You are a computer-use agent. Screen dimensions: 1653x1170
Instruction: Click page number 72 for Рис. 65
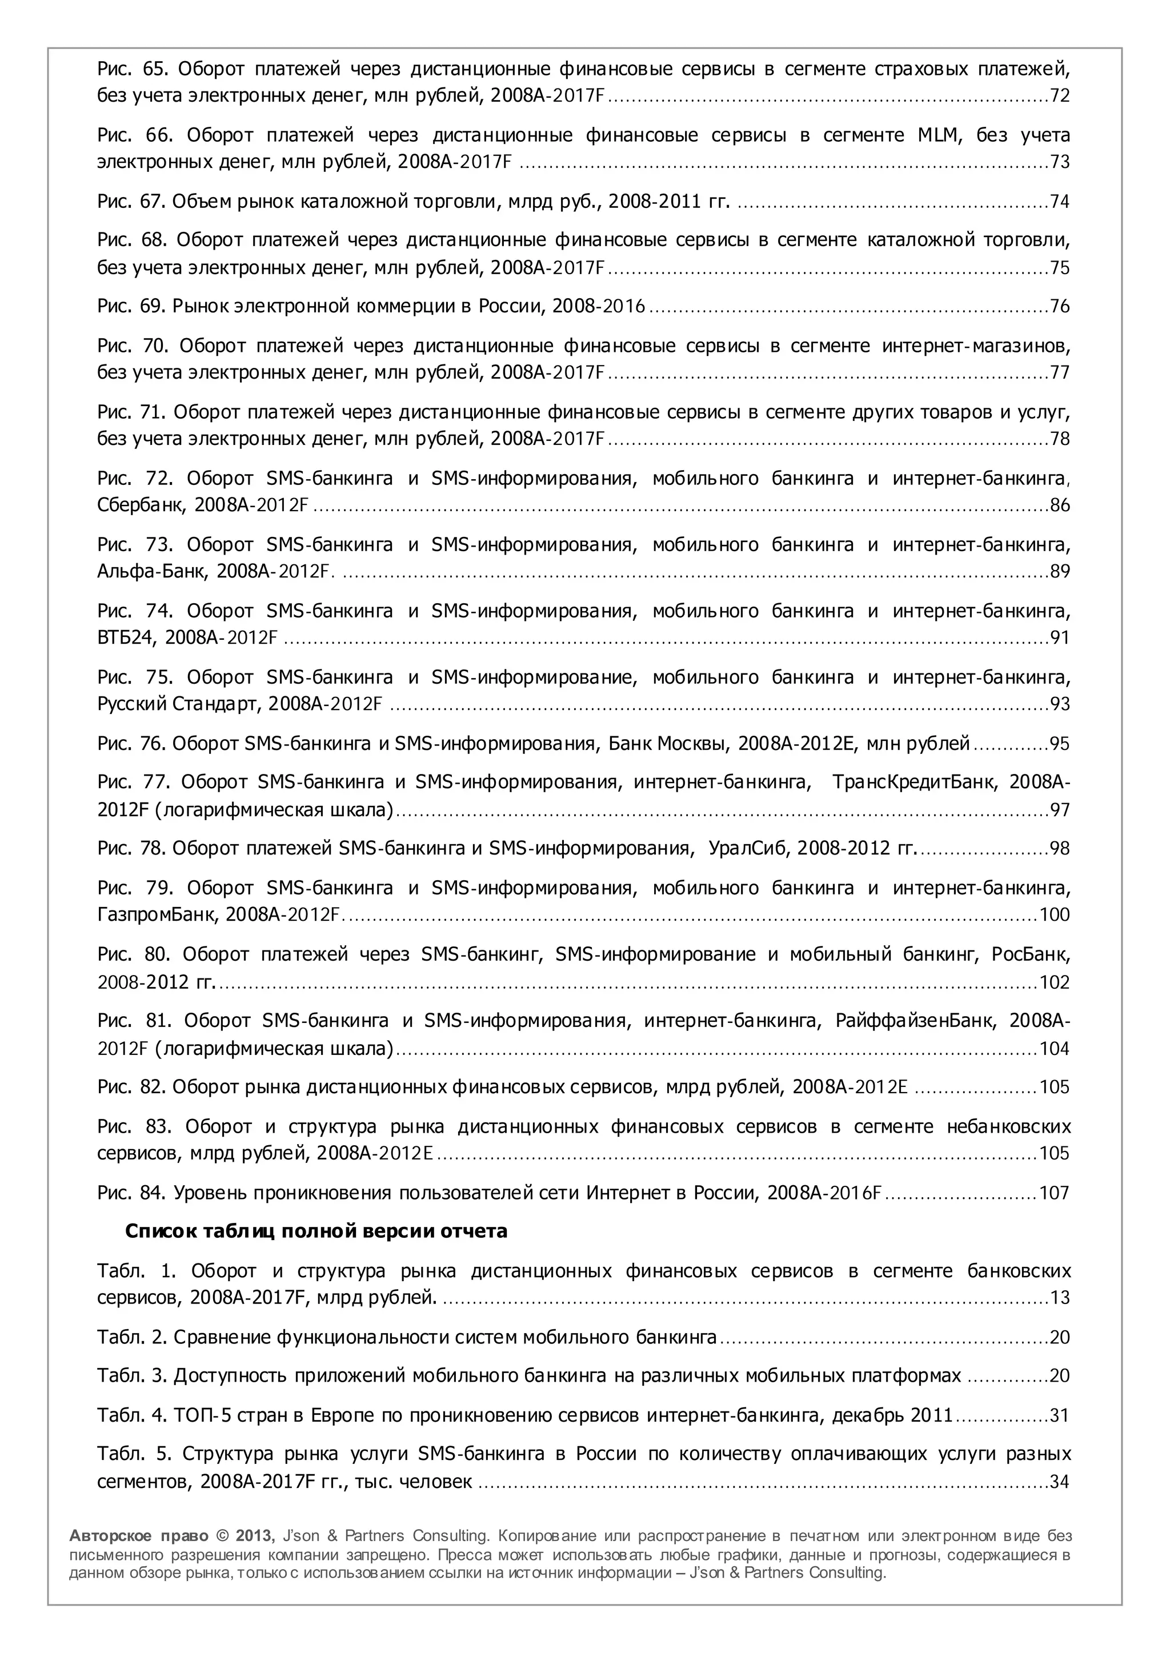1059,96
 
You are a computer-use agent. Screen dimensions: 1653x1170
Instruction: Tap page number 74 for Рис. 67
1059,202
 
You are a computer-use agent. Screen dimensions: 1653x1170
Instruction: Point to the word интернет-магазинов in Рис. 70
976,347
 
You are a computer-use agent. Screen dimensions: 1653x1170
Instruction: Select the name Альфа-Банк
154,572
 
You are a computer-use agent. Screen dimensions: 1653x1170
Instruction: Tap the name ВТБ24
126,638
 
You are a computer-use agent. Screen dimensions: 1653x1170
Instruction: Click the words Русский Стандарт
177,704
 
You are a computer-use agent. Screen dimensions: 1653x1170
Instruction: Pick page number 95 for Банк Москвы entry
1059,744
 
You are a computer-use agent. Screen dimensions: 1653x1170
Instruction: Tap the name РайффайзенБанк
916,1021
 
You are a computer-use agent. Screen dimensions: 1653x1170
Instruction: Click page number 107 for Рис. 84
1054,1193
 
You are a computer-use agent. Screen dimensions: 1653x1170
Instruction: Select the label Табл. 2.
132,1338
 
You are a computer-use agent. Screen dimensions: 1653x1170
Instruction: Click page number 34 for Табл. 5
1059,1482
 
